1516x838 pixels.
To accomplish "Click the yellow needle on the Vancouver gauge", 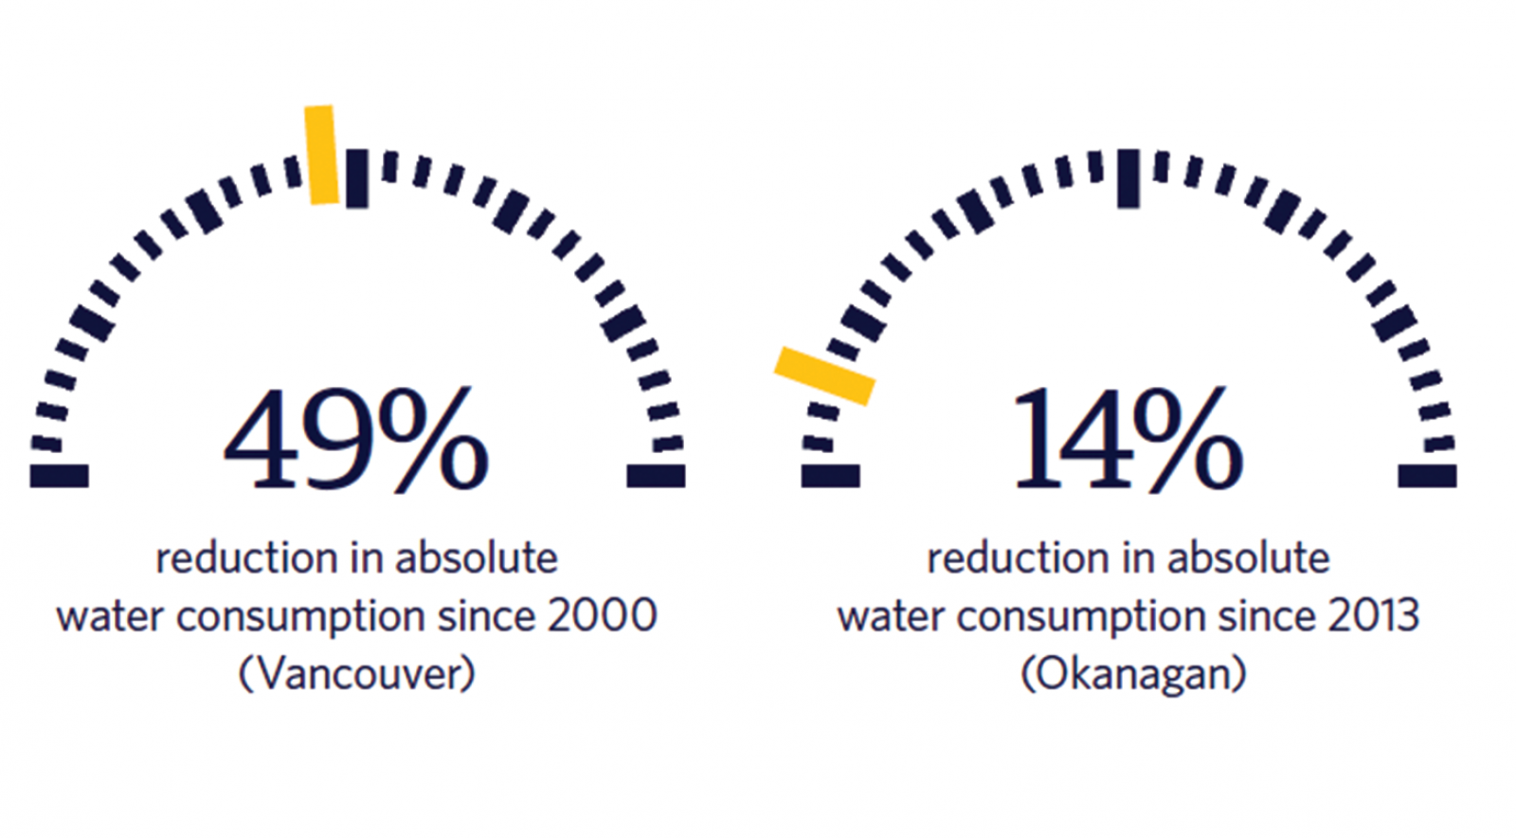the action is click(x=321, y=155).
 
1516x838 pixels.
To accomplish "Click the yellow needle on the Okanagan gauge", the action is click(x=824, y=375).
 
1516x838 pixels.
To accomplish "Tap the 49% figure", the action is click(x=356, y=439).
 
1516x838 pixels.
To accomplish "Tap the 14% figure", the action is click(x=1128, y=439).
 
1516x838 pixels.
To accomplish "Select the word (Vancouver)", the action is click(x=356, y=673).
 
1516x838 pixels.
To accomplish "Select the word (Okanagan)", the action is click(x=1133, y=673).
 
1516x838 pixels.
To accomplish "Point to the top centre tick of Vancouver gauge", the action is click(x=356, y=178).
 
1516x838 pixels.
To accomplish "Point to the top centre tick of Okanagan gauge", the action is click(x=1128, y=178).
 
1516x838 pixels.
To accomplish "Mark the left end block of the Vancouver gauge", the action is click(x=59, y=476).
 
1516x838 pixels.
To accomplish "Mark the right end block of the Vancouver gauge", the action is click(x=656, y=476).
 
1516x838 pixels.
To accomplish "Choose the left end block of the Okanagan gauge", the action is click(x=830, y=476).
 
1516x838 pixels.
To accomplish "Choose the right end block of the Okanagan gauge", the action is click(x=1427, y=476).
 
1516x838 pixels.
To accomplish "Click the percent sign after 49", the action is click(x=434, y=439).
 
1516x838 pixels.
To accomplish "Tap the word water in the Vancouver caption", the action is click(x=110, y=617).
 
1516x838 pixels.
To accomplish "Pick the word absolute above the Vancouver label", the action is click(x=477, y=559).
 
